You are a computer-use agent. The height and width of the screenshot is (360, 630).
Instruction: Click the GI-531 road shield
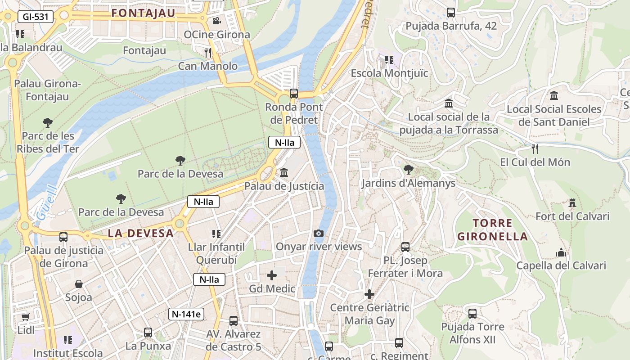pos(36,17)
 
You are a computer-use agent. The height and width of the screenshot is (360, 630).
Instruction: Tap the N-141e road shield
pos(186,314)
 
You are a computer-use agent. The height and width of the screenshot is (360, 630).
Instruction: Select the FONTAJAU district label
pos(143,13)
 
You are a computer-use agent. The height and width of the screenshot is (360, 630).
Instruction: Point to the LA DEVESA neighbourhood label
pos(140,233)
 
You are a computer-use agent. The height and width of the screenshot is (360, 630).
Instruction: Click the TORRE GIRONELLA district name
pos(492,229)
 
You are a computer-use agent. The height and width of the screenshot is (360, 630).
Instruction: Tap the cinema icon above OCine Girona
pos(216,21)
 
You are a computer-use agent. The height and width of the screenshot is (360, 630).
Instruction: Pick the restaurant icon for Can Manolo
pos(208,53)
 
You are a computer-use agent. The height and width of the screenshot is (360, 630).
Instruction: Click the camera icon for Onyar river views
pos(319,233)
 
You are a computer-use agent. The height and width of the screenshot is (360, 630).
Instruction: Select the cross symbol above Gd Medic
pos(272,275)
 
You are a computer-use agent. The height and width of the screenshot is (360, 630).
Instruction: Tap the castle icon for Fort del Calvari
pos(572,203)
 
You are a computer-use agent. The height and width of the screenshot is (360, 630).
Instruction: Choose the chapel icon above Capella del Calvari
pos(561,252)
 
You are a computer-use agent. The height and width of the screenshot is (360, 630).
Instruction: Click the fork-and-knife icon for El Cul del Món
pos(535,148)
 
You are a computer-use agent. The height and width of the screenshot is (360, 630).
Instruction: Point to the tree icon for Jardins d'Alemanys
pos(408,170)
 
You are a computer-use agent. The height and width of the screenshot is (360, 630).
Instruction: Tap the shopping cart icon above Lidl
pos(26,317)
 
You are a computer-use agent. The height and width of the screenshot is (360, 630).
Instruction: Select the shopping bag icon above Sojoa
pos(79,284)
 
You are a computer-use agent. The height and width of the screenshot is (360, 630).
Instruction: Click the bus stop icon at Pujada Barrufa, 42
pos(451,13)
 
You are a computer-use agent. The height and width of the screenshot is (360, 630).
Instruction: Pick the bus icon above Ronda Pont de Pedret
pos(294,94)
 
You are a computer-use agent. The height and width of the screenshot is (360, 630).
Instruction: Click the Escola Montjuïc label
pos(389,73)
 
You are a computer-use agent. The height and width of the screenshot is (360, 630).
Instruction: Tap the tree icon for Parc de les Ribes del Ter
pos(47,122)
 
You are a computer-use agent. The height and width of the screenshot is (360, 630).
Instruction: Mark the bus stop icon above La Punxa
pos(148,333)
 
